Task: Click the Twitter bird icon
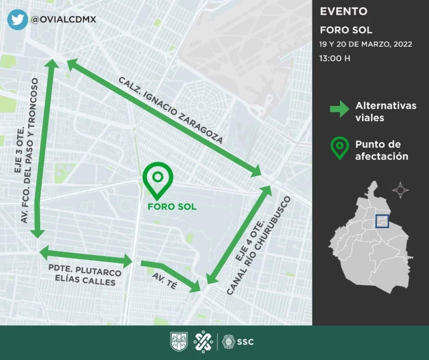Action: [17, 19]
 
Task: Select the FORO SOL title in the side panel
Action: [346, 30]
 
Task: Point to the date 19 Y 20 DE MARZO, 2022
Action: [365, 44]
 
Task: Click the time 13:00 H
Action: [335, 59]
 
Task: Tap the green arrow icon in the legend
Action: [339, 110]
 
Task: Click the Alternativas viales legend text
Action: [386, 112]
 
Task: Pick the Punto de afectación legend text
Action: [381, 150]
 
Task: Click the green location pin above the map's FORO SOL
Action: [158, 179]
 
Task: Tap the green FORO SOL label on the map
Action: [172, 206]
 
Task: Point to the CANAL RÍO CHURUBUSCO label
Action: [259, 246]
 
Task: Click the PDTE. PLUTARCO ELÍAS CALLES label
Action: [85, 275]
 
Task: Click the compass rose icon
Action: [400, 190]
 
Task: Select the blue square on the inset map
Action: [382, 221]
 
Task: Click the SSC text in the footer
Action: [245, 342]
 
